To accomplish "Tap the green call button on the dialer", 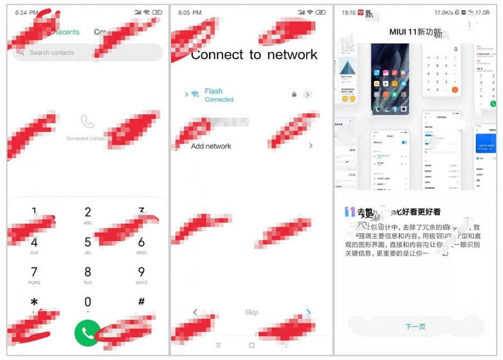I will [x=87, y=332].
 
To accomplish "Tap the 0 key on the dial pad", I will [x=87, y=302].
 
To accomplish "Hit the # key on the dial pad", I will [x=141, y=301].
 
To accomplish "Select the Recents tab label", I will [x=67, y=32].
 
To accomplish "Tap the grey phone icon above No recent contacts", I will [x=87, y=121].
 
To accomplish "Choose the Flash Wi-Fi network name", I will [x=214, y=91].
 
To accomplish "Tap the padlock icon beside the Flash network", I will [x=294, y=94].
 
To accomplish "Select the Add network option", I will [x=211, y=146].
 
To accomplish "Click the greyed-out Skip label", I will [x=251, y=312].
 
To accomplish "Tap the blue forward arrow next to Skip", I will [x=309, y=312].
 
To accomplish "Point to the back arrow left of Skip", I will [x=196, y=312].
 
